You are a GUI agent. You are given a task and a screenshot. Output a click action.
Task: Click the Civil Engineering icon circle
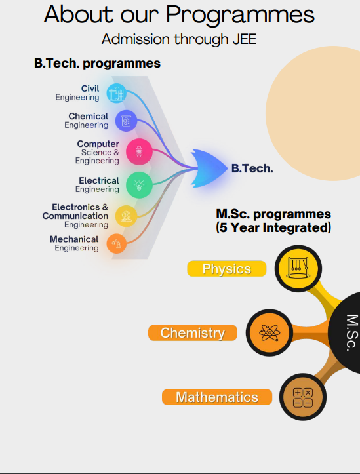[x=116, y=93]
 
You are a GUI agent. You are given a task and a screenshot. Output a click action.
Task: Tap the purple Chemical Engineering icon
[x=126, y=121]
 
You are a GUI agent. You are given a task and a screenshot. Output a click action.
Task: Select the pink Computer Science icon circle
[x=139, y=151]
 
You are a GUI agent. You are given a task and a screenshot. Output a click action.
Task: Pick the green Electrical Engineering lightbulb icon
[x=139, y=185]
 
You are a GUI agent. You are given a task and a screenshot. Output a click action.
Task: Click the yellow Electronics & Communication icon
[x=127, y=216]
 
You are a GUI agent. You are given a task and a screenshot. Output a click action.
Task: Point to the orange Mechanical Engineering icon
[x=116, y=244]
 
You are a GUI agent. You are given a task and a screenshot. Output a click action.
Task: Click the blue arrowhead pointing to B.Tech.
[x=209, y=168]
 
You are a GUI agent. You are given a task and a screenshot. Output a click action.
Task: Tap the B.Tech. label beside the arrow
[x=252, y=168]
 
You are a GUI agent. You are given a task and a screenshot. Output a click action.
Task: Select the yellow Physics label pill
[x=227, y=268]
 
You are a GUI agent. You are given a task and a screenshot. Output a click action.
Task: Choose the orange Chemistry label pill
[x=193, y=333]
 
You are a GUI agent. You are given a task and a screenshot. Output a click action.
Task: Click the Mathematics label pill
[x=217, y=397]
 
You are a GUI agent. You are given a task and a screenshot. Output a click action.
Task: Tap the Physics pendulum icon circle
[x=298, y=268]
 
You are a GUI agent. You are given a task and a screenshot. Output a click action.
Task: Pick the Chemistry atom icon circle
[x=270, y=332]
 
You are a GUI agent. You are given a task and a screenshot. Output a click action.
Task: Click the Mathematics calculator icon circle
[x=303, y=397]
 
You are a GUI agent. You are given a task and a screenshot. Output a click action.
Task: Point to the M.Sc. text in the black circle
[x=352, y=332]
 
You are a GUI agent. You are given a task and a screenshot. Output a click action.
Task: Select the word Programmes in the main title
[x=240, y=15]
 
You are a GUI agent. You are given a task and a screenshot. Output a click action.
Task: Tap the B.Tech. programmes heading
[x=97, y=64]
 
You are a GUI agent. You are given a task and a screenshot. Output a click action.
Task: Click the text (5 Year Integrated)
[x=273, y=227]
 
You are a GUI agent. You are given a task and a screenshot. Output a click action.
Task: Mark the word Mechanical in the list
[x=74, y=239]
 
